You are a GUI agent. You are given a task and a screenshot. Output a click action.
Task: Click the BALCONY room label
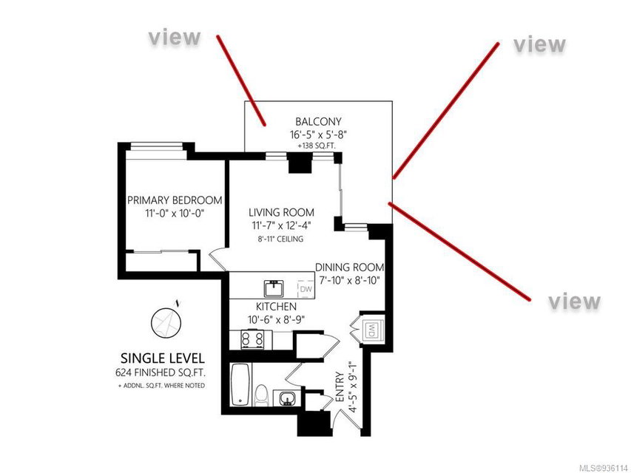pyautogui.click(x=318, y=121)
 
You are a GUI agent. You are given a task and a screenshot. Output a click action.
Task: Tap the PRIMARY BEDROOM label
pyautogui.click(x=175, y=200)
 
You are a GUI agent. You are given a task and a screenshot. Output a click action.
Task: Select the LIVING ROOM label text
pyautogui.click(x=281, y=212)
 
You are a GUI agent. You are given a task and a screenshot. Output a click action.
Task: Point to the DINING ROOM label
pyautogui.click(x=349, y=268)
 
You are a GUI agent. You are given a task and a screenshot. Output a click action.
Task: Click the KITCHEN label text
pyautogui.click(x=276, y=307)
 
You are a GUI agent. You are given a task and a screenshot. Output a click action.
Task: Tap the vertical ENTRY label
pyautogui.click(x=340, y=387)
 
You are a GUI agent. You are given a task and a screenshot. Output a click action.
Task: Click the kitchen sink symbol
pyautogui.click(x=274, y=288)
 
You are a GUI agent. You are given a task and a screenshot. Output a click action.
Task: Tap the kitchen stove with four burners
pyautogui.click(x=252, y=340)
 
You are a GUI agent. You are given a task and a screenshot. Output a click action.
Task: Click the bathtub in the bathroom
pyautogui.click(x=240, y=384)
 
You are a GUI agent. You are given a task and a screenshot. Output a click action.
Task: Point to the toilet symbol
pyautogui.click(x=262, y=395)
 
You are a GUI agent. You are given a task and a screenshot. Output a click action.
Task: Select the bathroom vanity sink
pyautogui.click(x=286, y=398)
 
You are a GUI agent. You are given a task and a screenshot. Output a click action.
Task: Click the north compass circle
pyautogui.click(x=166, y=322)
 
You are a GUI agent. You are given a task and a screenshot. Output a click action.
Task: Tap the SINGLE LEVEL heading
pyautogui.click(x=163, y=358)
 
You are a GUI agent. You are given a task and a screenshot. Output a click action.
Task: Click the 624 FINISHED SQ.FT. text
pyautogui.click(x=161, y=372)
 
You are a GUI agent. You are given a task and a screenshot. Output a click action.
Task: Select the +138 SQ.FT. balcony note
pyautogui.click(x=317, y=146)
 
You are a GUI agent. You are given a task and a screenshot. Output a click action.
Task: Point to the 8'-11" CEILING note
pyautogui.click(x=280, y=239)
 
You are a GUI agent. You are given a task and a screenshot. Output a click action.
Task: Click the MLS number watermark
pyautogui.click(x=604, y=469)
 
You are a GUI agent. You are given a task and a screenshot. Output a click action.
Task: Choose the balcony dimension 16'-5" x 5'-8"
pyautogui.click(x=318, y=135)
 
